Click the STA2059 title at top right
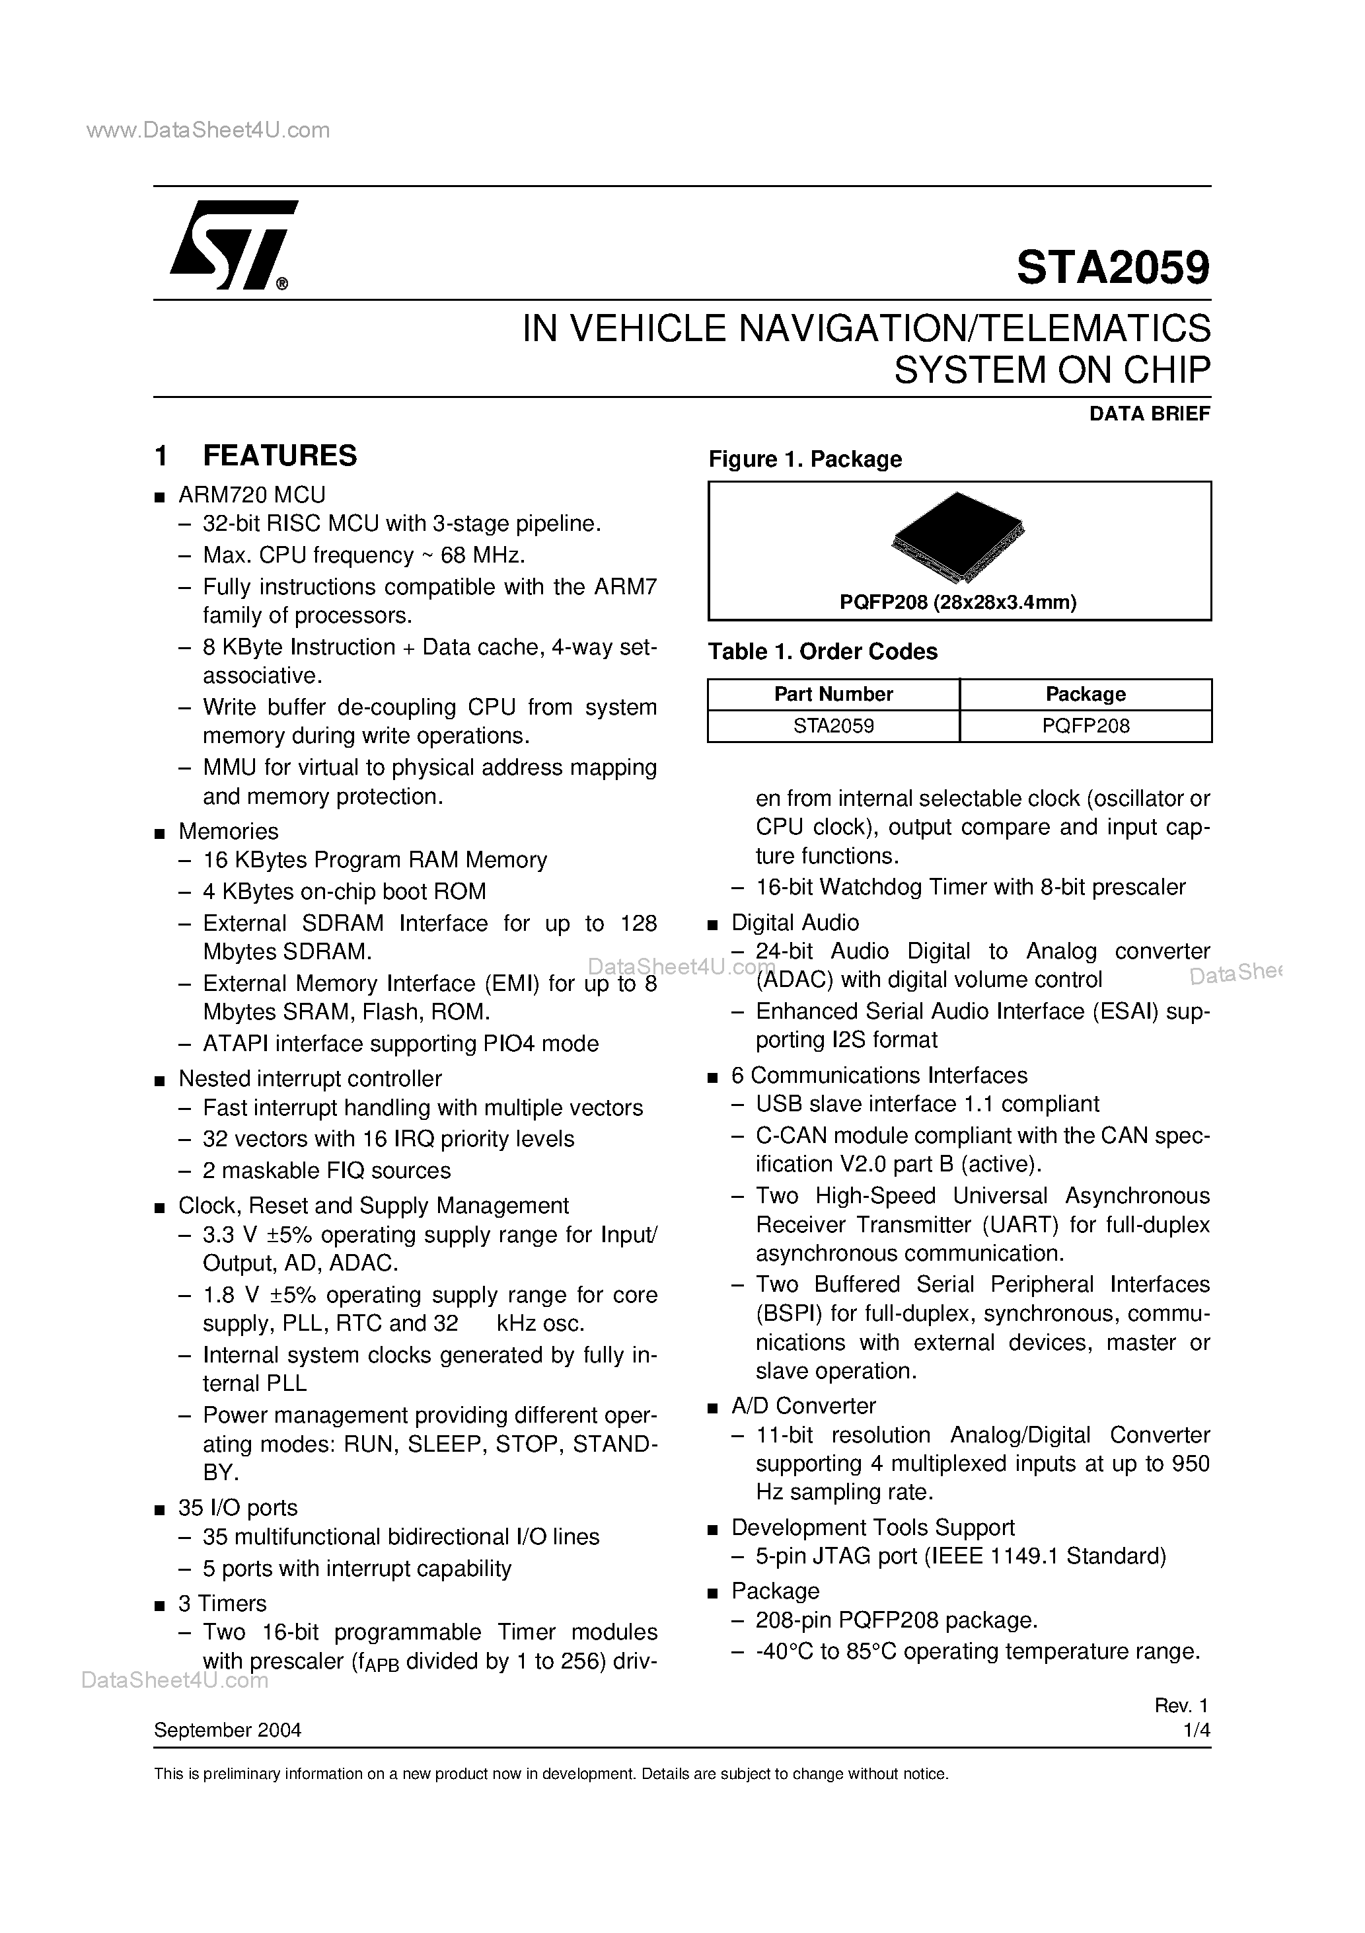(1113, 268)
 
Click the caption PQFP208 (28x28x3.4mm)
(958, 602)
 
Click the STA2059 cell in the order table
(833, 726)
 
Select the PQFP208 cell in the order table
(1085, 726)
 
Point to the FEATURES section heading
(279, 455)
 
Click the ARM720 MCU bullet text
(252, 494)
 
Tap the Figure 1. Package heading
(805, 459)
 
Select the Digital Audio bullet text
(794, 922)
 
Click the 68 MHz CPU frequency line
(363, 556)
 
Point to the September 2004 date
(227, 1730)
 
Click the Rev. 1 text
(1181, 1706)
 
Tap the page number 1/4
(1196, 1730)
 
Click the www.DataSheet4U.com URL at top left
(208, 130)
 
